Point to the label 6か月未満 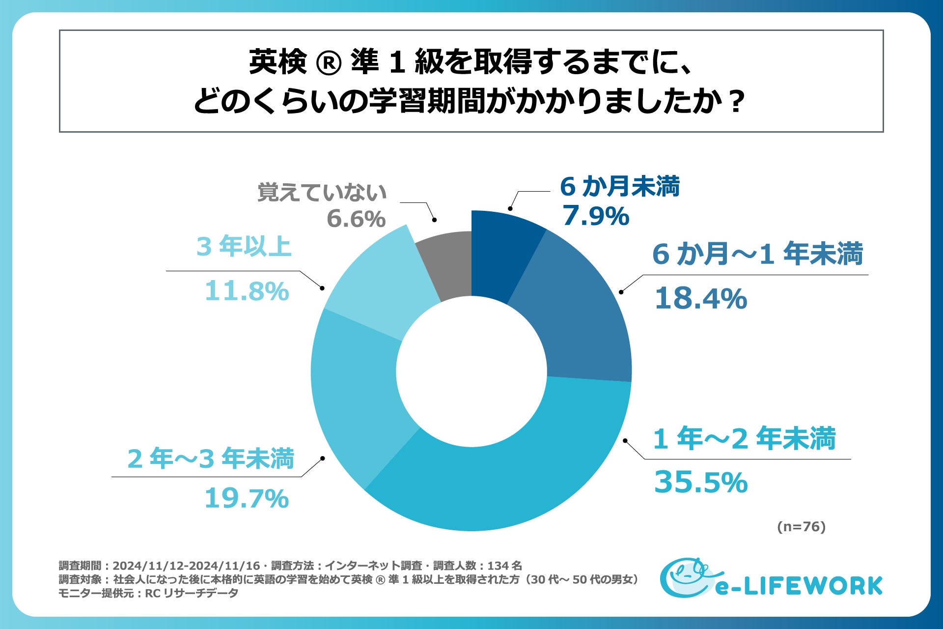tap(620, 187)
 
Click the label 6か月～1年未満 tap(757, 254)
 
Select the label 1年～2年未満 tap(744, 438)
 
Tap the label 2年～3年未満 tap(210, 458)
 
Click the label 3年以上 tap(244, 246)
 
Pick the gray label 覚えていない tap(322, 192)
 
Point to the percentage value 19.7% tap(246, 498)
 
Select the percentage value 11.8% tap(247, 291)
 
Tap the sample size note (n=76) tap(801, 527)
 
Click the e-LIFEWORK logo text tap(799, 586)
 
